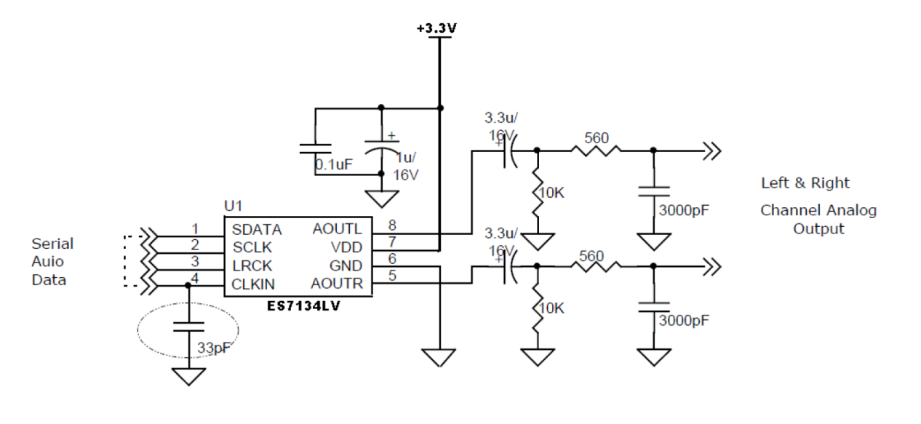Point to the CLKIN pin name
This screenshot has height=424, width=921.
252,284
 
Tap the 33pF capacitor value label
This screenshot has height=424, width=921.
215,348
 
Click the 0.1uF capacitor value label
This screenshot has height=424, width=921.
334,164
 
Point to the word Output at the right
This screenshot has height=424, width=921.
819,229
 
